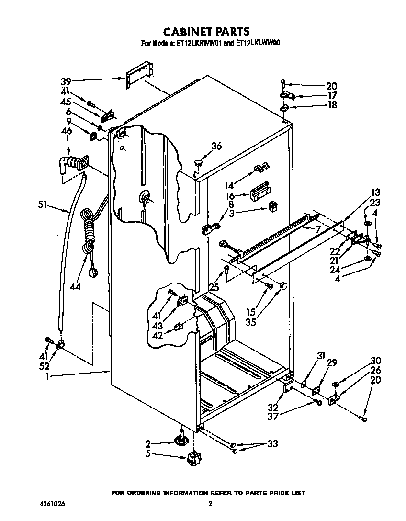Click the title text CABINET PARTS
[x=207, y=32]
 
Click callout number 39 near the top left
[x=66, y=80]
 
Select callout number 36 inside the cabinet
[x=216, y=147]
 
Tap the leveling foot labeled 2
[x=182, y=438]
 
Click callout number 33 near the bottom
[x=272, y=444]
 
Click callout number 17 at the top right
[x=332, y=95]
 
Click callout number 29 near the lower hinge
[x=331, y=364]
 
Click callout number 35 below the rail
[x=250, y=322]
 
